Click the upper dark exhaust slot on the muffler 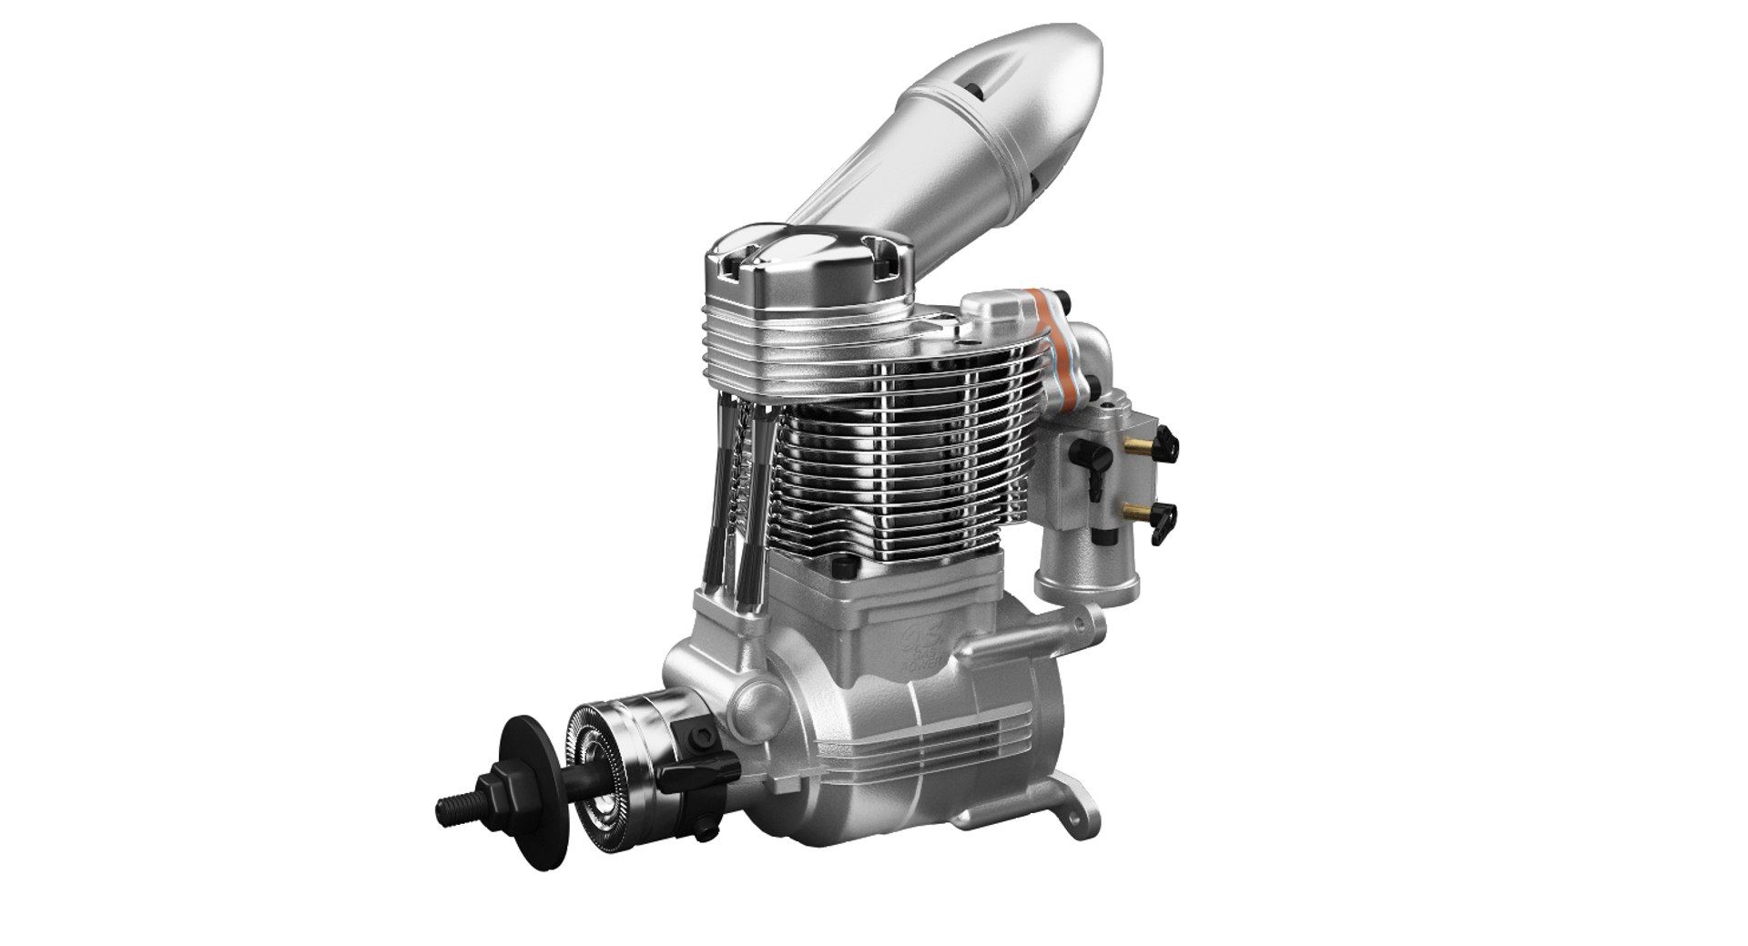(x=976, y=88)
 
